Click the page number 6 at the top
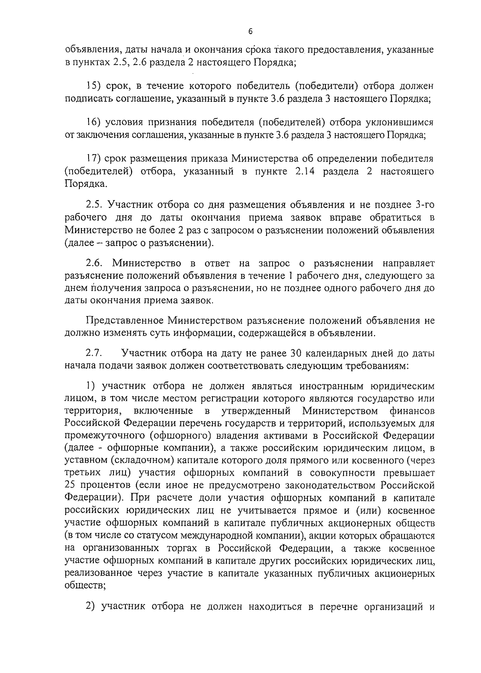[250, 32]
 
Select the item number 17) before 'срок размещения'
[96, 159]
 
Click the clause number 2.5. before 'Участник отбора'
[96, 205]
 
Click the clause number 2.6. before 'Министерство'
[96, 264]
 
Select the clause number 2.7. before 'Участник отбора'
[95, 353]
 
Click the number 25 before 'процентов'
[71, 485]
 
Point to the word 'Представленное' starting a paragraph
[125, 321]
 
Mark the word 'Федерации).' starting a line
[93, 498]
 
